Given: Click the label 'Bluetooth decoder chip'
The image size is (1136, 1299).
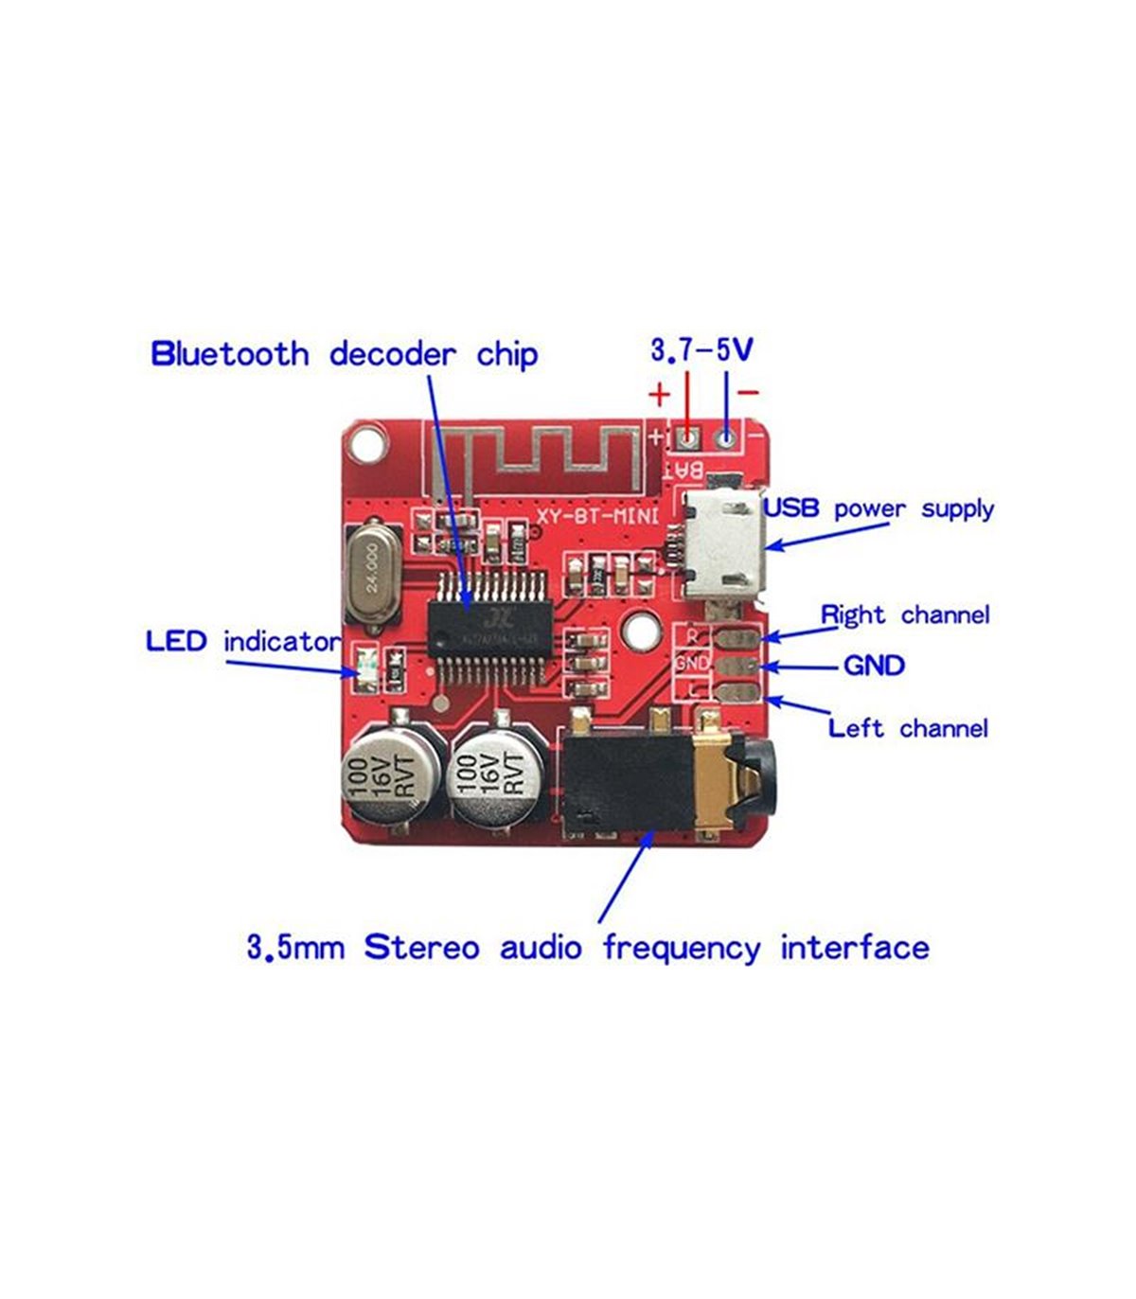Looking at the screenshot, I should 345,354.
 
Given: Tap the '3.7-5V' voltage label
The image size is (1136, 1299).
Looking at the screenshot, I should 701,350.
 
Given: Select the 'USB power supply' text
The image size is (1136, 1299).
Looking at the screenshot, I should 879,508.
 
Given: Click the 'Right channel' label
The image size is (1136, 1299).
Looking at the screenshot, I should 904,615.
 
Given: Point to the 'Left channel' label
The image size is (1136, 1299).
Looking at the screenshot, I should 908,728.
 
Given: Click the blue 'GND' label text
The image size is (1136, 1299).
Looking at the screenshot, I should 874,666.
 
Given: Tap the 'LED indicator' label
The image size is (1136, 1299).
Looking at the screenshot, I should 242,642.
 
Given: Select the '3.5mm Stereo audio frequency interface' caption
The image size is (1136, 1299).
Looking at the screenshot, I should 588,948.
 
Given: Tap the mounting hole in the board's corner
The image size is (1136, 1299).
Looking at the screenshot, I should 366,443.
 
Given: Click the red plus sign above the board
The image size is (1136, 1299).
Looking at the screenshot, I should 659,393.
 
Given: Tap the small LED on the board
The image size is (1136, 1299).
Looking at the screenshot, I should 365,666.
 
